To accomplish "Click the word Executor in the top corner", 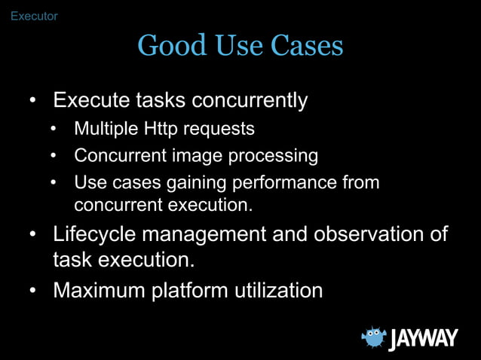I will click(34, 16).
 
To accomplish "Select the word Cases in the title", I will click(309, 47).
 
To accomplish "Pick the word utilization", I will click(280, 290).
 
